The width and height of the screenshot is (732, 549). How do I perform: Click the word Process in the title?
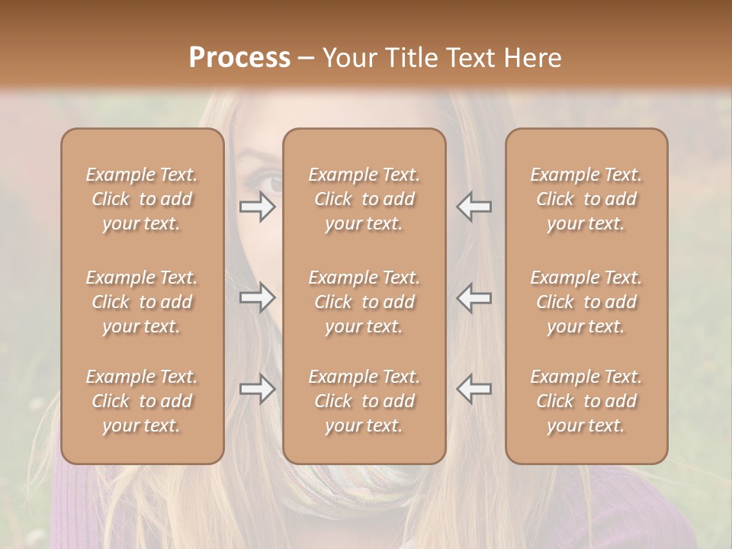[x=239, y=58]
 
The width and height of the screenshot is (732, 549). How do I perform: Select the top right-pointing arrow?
[x=258, y=207]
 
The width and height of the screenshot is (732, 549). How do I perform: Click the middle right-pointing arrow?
[x=258, y=298]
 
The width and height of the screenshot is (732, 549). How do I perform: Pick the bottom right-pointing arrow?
[x=258, y=389]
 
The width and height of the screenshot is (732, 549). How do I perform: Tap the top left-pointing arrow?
[x=474, y=207]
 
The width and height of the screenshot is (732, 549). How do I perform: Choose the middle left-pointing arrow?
[x=474, y=298]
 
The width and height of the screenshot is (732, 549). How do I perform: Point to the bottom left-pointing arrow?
[x=474, y=389]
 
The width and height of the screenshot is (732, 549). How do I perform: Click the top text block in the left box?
[x=142, y=199]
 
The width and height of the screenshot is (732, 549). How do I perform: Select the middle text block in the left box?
[x=142, y=302]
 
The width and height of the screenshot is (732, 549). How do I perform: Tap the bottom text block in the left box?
[x=142, y=401]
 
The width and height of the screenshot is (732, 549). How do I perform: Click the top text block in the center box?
[x=364, y=199]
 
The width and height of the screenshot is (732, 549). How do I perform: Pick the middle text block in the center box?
[x=364, y=302]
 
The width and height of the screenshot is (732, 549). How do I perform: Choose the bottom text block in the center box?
[x=364, y=401]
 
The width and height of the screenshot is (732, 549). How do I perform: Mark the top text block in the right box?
[x=586, y=199]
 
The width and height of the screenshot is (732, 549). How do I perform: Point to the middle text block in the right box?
[x=586, y=302]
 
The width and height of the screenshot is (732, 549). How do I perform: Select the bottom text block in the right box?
[x=586, y=401]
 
